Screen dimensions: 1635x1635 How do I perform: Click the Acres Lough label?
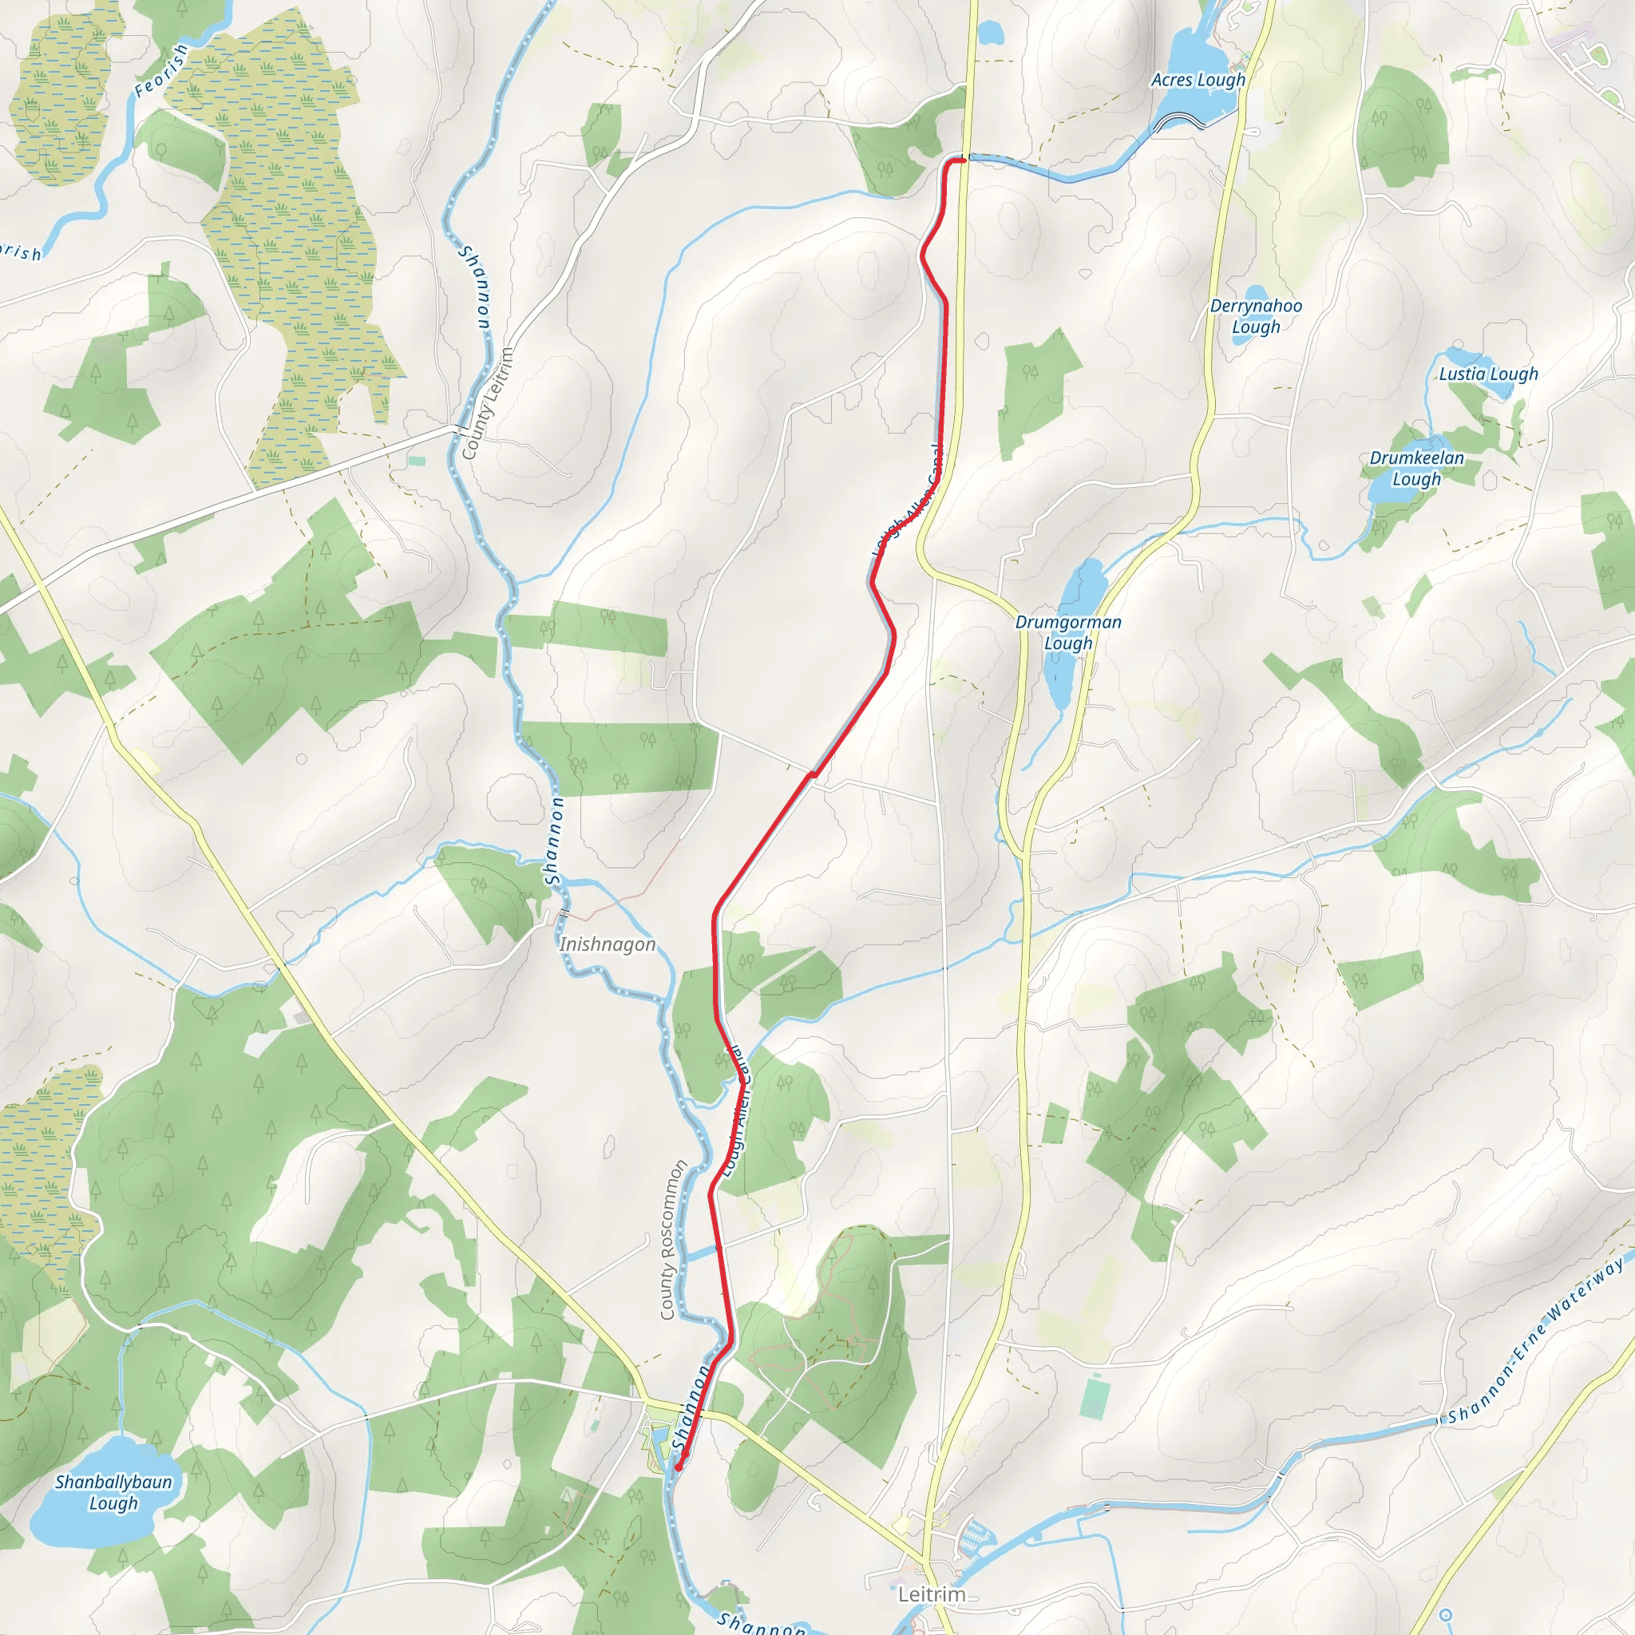(x=1198, y=81)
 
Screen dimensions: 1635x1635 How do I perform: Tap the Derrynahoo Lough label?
(x=1256, y=316)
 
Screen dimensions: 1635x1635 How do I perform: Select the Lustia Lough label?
(x=1489, y=374)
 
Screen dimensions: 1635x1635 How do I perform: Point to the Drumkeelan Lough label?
(x=1417, y=468)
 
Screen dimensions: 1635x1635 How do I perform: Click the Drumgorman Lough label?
(x=1068, y=632)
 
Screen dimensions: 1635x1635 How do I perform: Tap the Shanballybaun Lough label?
(x=113, y=1492)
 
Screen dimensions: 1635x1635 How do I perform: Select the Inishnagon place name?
(x=608, y=944)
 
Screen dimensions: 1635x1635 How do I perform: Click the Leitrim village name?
(x=931, y=1594)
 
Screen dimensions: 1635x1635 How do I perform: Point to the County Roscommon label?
(x=673, y=1241)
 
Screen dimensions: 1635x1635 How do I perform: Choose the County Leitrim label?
(x=489, y=404)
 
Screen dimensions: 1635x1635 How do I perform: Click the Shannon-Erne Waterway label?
(x=1535, y=1340)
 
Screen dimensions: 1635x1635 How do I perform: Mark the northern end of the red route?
(x=963, y=159)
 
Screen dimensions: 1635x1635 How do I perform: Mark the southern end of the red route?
(x=679, y=1467)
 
